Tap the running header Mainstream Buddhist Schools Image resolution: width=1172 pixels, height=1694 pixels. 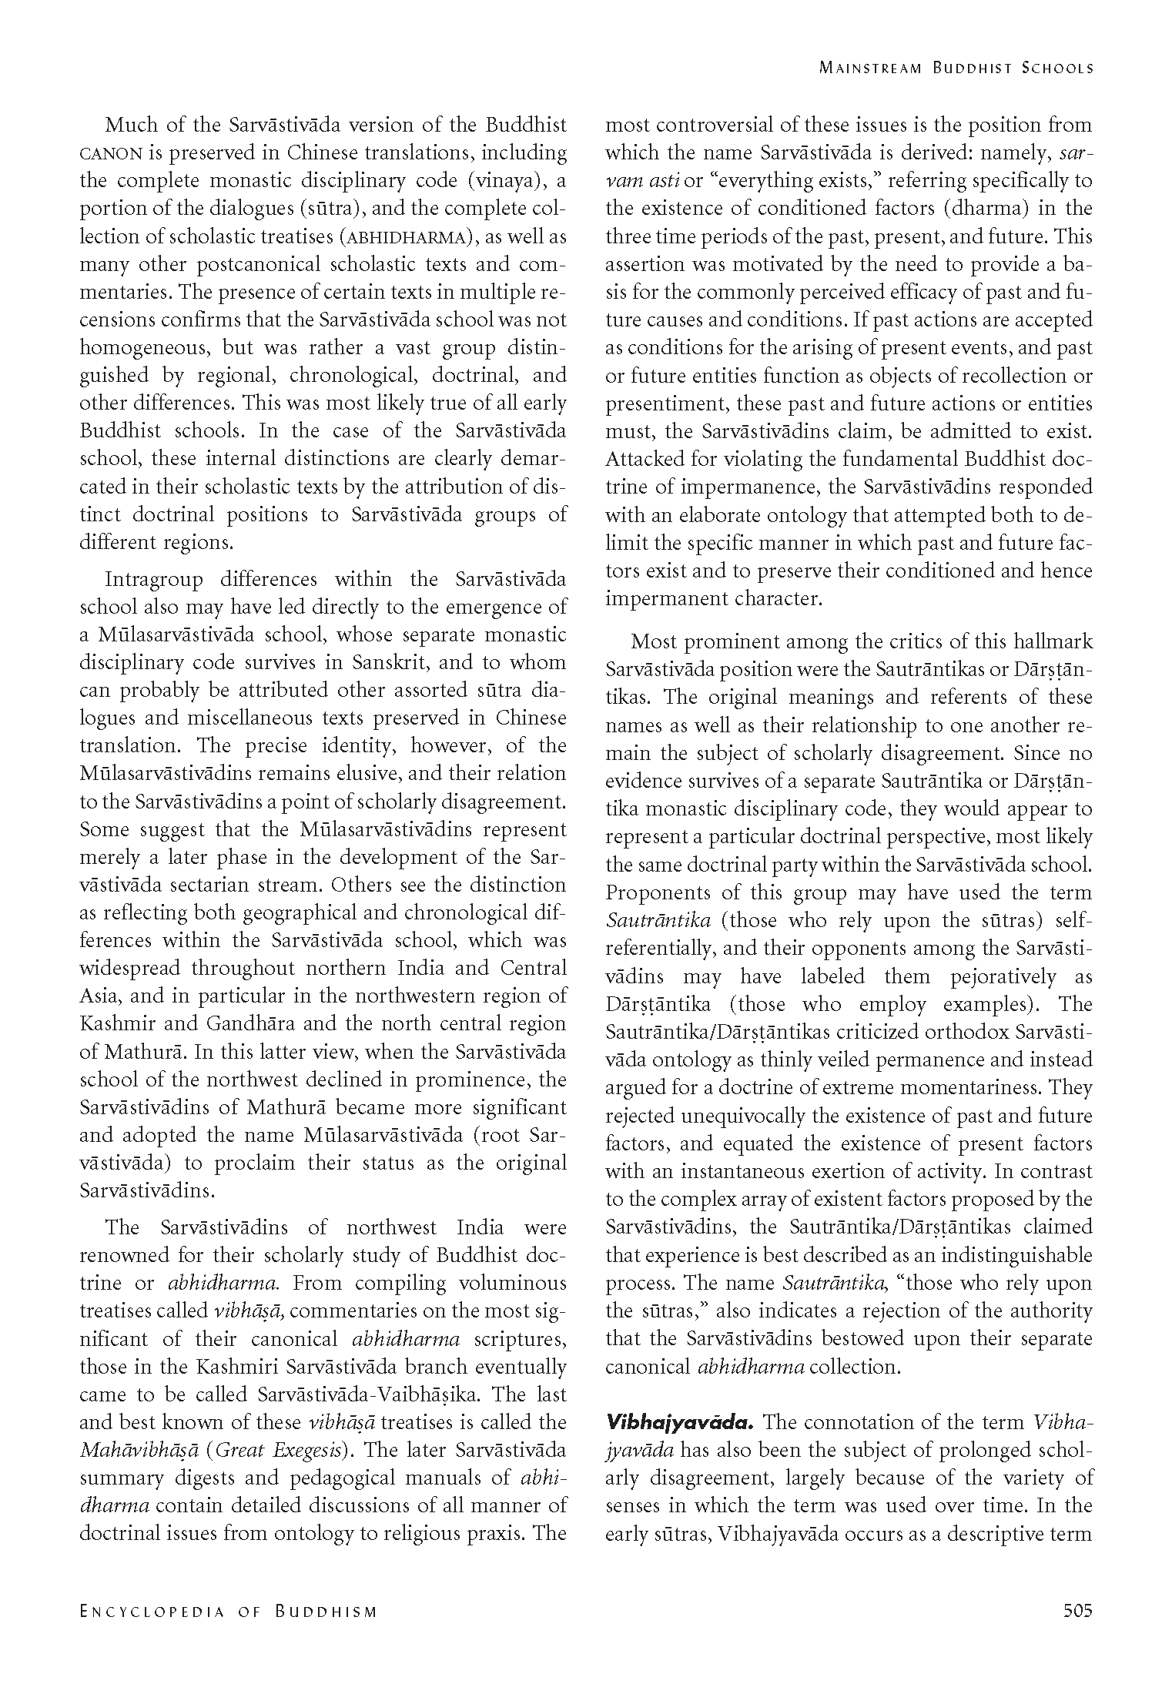point(956,68)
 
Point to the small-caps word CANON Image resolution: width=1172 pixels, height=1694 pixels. point(110,153)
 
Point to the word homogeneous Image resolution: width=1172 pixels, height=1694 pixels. point(144,348)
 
